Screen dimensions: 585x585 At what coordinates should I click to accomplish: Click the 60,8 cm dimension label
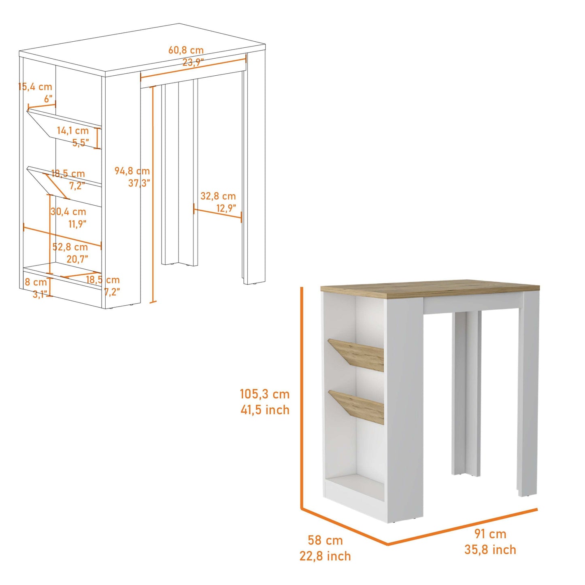coord(186,51)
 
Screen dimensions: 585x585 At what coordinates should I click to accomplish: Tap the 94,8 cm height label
coord(132,171)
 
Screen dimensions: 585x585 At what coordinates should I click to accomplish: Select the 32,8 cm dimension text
coord(218,196)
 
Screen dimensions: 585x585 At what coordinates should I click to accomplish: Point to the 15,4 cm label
coord(36,87)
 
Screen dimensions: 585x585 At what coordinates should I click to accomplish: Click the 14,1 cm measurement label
coord(72,131)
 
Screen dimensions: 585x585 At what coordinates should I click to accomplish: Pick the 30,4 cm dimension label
coord(68,211)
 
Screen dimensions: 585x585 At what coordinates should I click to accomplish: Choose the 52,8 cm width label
coord(70,247)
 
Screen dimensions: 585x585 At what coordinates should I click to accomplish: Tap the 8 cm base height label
coord(36,282)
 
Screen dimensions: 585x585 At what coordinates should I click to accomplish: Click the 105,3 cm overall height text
coord(264,394)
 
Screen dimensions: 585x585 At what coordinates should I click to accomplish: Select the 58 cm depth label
coord(325,540)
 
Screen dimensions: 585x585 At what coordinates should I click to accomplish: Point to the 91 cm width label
coord(490,534)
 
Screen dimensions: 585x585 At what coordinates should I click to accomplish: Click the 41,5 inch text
coord(265,410)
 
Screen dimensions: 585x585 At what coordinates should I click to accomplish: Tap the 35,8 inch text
coord(490,550)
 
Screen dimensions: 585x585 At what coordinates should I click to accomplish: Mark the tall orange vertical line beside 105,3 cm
coord(302,397)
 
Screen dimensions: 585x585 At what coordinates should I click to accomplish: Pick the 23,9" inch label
coord(193,62)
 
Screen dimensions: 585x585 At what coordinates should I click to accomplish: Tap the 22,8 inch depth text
coord(325,556)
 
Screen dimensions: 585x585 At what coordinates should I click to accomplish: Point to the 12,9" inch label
coord(226,208)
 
